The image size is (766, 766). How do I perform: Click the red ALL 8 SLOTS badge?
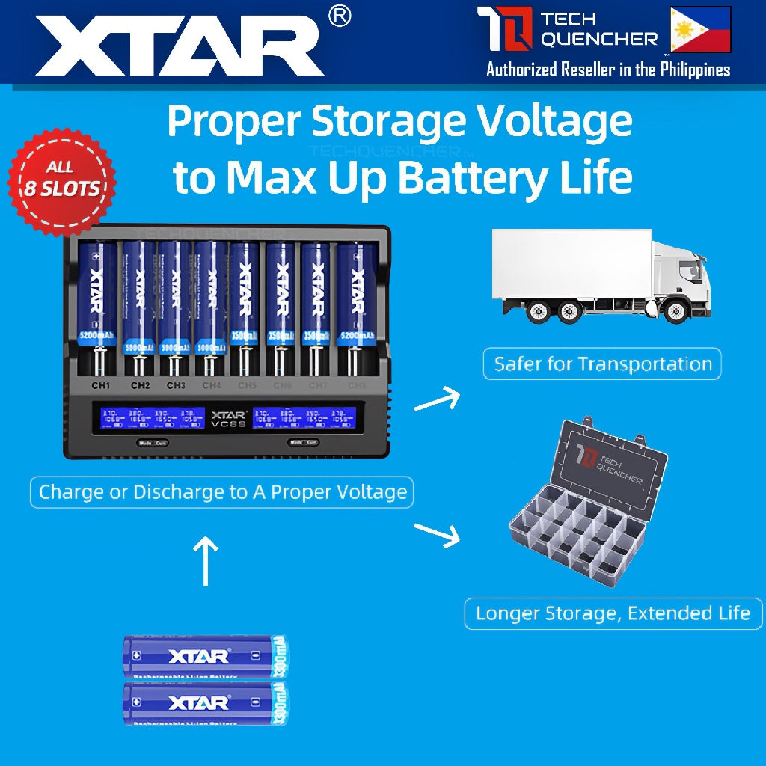coord(62,178)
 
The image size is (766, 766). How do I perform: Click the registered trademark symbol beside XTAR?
coord(340,17)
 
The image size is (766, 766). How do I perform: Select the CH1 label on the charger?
coord(99,385)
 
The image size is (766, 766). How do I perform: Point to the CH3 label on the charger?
coord(176,385)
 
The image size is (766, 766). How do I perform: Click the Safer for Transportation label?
coord(602,364)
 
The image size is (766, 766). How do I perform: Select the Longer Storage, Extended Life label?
coord(613,614)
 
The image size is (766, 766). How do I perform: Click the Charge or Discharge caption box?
coord(222,492)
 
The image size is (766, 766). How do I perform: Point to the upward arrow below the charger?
coord(206,561)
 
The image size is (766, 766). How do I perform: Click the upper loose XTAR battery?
coord(205,656)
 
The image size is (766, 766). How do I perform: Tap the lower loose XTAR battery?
coord(205,702)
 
